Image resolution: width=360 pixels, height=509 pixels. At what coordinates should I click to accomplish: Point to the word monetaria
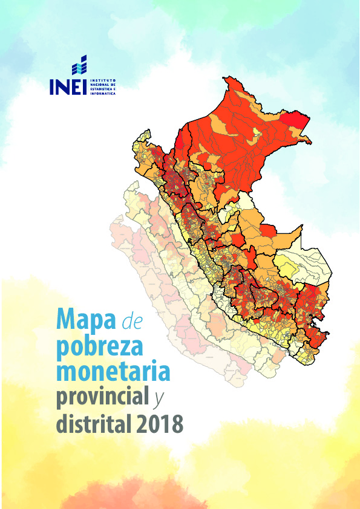pyautogui.click(x=113, y=372)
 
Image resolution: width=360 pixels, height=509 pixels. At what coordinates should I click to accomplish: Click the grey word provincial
pyautogui.click(x=102, y=398)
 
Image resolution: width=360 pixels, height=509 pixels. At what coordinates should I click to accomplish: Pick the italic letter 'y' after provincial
pyautogui.click(x=159, y=400)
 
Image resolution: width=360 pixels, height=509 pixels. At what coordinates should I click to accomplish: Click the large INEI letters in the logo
pyautogui.click(x=68, y=86)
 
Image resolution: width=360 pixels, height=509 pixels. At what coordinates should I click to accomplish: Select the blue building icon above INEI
pyautogui.click(x=79, y=65)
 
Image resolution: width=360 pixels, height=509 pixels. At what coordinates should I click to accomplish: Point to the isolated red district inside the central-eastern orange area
pyautogui.click(x=269, y=232)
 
